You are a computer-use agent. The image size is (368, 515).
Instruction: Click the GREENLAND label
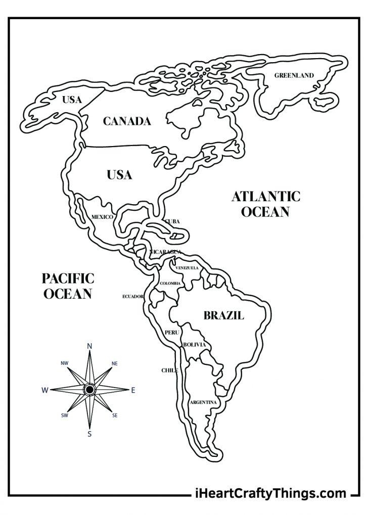[294, 76]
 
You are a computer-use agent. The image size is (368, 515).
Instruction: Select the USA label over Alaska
[72, 100]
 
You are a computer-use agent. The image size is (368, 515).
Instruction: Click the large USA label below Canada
[119, 175]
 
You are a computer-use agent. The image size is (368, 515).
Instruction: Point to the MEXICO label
[102, 217]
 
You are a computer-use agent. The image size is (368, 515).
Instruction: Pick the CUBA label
[172, 221]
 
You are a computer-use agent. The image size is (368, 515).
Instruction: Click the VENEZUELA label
[187, 267]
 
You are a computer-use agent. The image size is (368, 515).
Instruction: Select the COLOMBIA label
[170, 284]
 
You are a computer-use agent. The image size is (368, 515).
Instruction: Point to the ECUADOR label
[133, 297]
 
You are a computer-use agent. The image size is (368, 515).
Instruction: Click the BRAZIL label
[223, 316]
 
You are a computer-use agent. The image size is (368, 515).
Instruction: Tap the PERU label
[171, 333]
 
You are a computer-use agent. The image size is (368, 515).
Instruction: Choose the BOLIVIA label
[195, 345]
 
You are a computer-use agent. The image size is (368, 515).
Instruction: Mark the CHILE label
[170, 370]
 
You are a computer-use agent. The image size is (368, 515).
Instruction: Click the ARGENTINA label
[203, 402]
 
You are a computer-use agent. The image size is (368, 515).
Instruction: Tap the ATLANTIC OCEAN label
[266, 204]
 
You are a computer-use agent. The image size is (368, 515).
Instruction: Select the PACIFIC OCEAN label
[68, 286]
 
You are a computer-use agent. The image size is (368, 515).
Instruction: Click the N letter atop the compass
[89, 346]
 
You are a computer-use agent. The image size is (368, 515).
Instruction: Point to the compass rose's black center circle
[89, 390]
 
